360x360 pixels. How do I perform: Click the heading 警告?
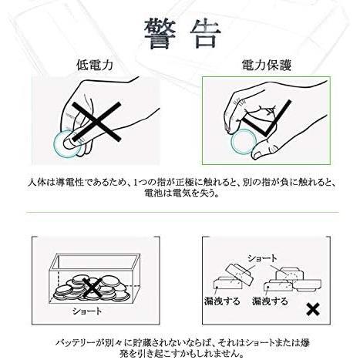[182, 35]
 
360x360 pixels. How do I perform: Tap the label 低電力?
[95, 65]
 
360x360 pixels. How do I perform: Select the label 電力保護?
[267, 65]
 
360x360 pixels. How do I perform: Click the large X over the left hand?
[96, 121]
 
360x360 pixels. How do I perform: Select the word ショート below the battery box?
[87, 311]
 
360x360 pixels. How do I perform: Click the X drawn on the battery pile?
[92, 288]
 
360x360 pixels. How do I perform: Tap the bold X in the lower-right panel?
[313, 309]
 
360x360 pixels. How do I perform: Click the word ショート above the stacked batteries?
[262, 258]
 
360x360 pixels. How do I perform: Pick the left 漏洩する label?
[222, 301]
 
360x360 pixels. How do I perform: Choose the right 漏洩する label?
[270, 301]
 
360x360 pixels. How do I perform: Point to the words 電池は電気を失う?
[182, 193]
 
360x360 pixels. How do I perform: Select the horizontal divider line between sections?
[182, 213]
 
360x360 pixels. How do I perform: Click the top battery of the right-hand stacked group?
[290, 274]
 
